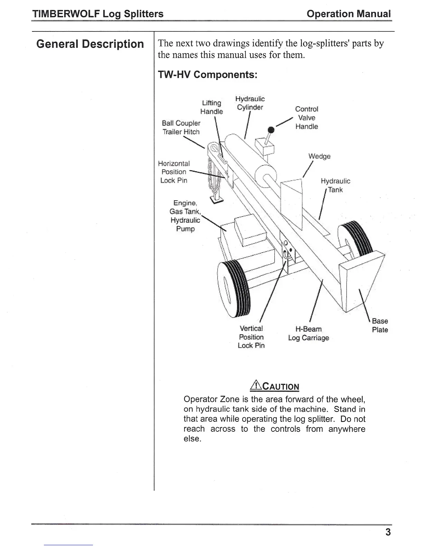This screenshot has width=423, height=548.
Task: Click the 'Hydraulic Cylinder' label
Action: [x=250, y=103]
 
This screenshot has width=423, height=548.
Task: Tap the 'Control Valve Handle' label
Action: [x=307, y=118]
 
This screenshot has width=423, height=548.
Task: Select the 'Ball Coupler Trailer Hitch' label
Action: [x=181, y=127]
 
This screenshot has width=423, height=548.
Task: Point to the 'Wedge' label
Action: [x=319, y=156]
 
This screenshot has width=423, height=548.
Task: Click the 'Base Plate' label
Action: [x=380, y=325]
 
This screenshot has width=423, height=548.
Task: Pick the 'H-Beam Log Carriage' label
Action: [x=308, y=333]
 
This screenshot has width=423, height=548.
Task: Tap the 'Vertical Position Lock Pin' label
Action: [x=251, y=337]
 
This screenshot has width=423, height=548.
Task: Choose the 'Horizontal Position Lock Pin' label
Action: [x=174, y=172]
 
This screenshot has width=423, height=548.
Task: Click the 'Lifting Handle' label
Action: [x=211, y=107]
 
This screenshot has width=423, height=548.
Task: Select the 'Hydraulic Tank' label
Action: [x=335, y=185]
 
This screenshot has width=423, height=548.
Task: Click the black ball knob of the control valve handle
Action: [x=271, y=130]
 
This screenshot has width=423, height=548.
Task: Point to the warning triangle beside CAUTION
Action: [x=255, y=385]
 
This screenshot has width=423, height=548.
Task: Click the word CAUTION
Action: [x=281, y=386]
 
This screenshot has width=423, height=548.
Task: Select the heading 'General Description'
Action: [x=90, y=44]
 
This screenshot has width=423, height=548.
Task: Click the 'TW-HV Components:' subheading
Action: [x=207, y=75]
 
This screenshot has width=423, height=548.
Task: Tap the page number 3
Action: [x=388, y=532]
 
